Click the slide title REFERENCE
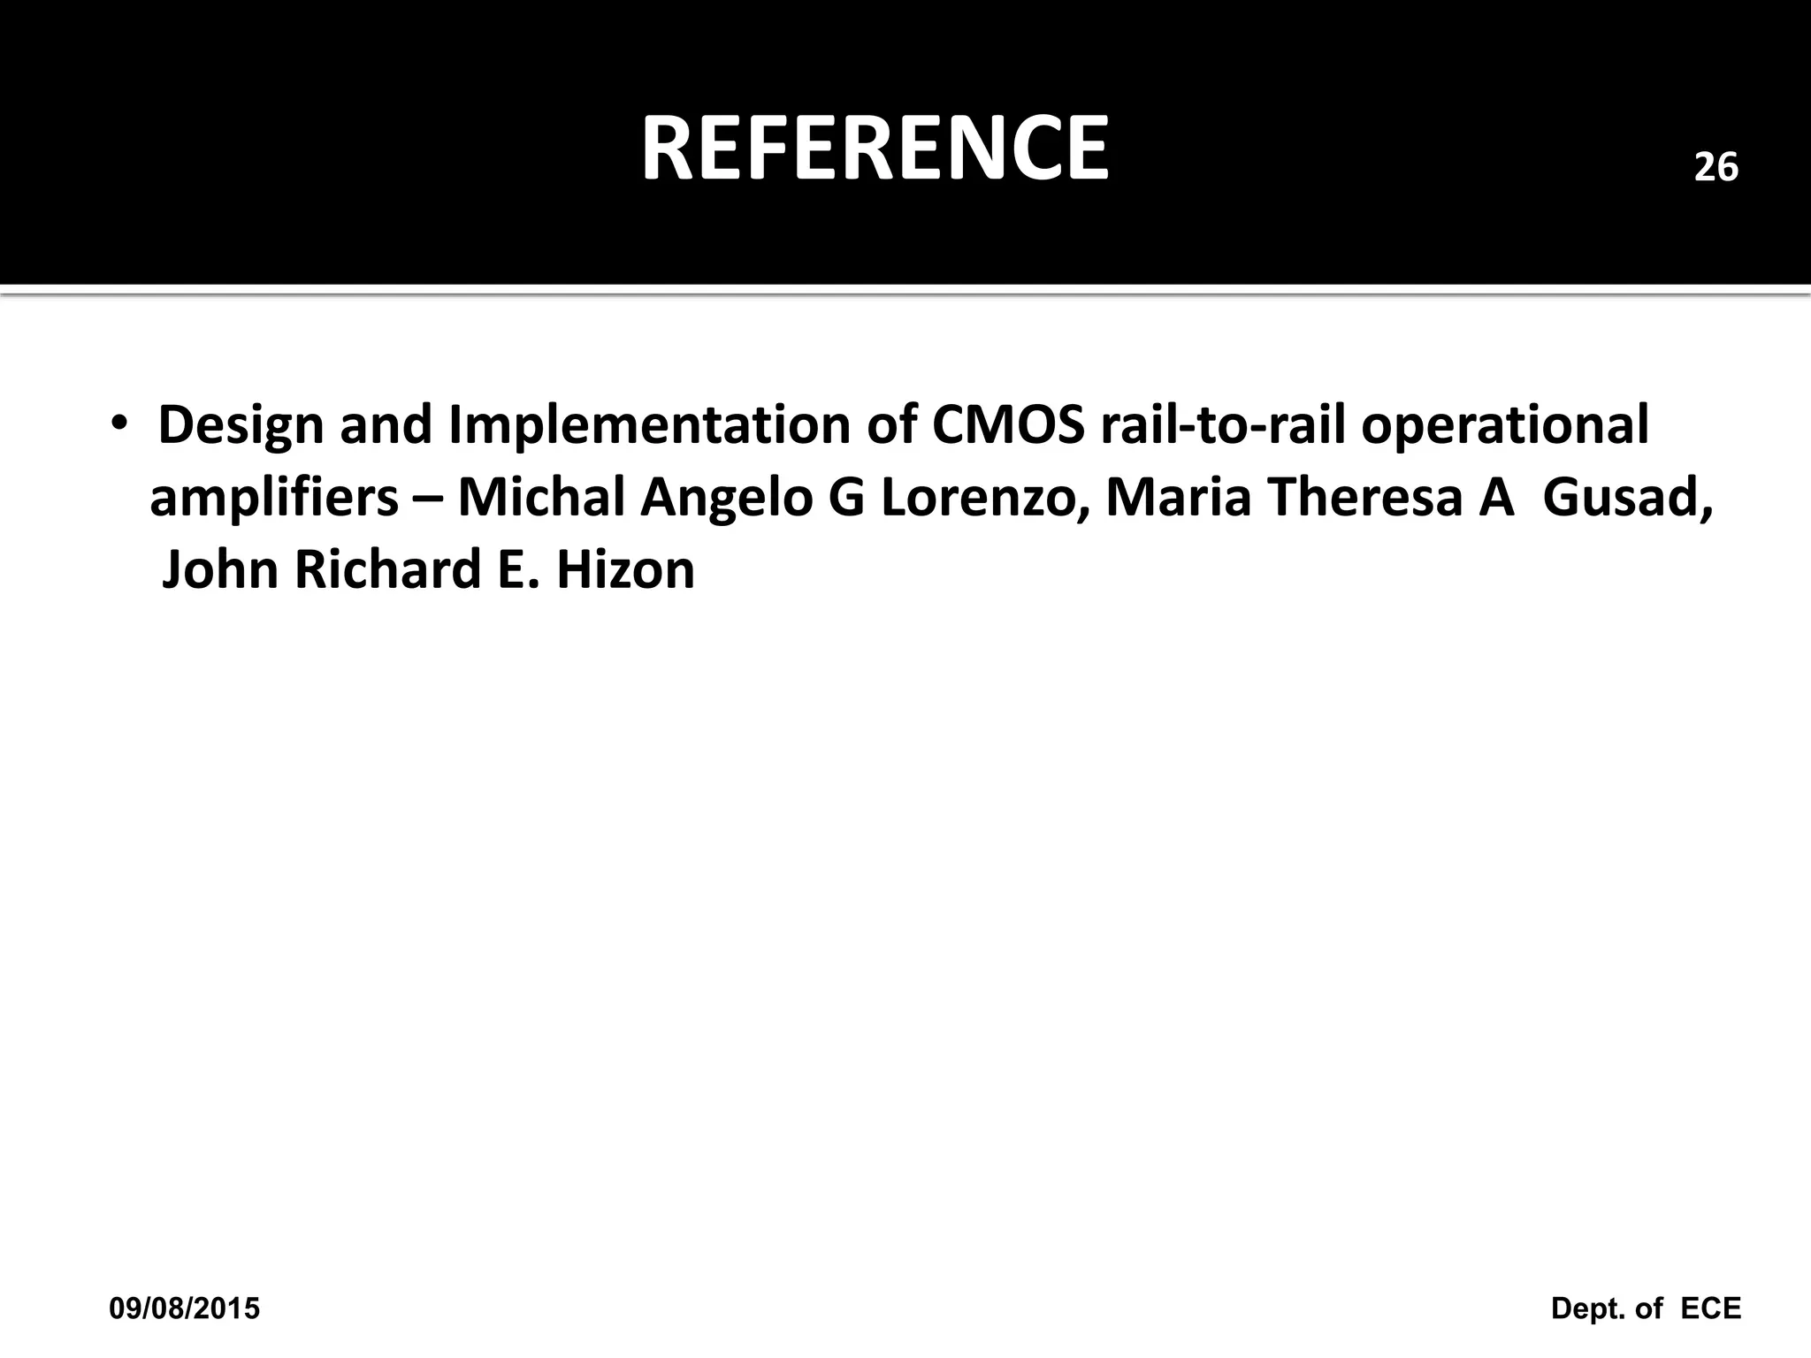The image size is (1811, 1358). coord(875,149)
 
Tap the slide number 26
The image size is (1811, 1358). coord(1715,167)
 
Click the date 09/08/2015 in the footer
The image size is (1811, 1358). coord(185,1308)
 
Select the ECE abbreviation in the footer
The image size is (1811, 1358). coord(1710,1308)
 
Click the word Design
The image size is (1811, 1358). coord(241,425)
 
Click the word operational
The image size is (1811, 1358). coord(1504,427)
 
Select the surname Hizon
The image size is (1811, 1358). coord(625,569)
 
